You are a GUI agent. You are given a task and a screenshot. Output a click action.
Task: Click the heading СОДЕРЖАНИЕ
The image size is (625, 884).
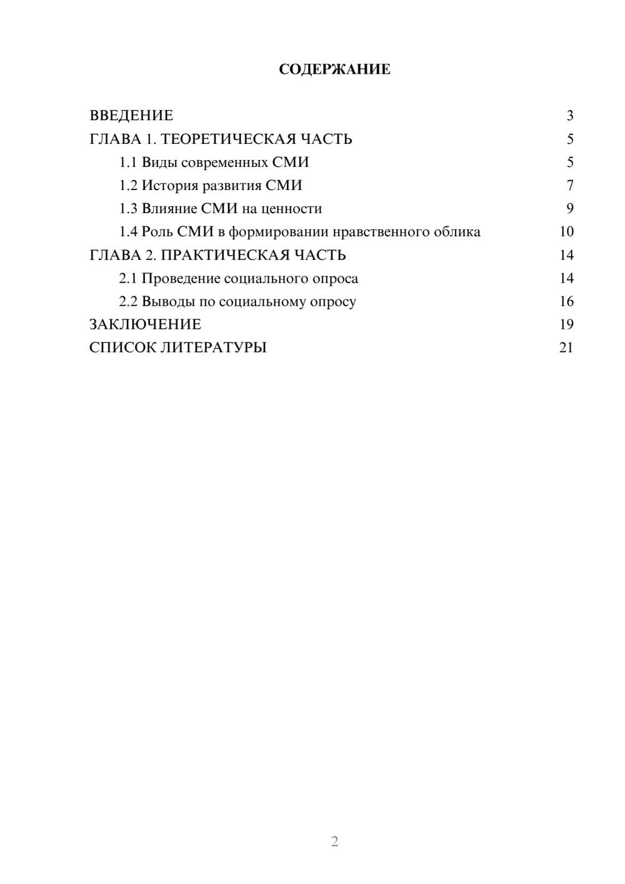(x=334, y=69)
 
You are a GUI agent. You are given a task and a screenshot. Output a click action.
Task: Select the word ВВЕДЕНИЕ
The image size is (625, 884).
(x=131, y=116)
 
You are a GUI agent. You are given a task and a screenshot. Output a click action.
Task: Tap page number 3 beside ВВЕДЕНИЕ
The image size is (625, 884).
(x=569, y=116)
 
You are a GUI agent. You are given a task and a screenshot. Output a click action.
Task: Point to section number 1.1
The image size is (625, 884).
(x=127, y=163)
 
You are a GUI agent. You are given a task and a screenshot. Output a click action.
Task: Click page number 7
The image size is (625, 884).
(x=569, y=186)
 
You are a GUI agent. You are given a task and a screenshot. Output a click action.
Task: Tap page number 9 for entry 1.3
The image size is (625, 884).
(x=569, y=209)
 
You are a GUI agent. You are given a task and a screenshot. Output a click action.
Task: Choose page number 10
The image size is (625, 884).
(x=566, y=232)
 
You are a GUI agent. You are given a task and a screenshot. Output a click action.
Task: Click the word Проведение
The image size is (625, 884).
(x=181, y=279)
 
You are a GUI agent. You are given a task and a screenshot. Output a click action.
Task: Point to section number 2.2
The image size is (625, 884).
(x=127, y=302)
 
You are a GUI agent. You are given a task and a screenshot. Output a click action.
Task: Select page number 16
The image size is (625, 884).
(x=566, y=302)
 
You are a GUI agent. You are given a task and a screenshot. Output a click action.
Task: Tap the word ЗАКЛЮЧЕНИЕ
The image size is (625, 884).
(x=145, y=324)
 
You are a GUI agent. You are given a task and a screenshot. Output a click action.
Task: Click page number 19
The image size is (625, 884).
(x=566, y=324)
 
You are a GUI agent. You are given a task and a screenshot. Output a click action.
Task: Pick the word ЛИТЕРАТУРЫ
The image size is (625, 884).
(x=214, y=348)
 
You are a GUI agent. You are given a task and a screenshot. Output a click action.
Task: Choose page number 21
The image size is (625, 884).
(x=566, y=348)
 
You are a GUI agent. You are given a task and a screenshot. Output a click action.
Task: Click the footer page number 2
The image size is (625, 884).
(x=334, y=841)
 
